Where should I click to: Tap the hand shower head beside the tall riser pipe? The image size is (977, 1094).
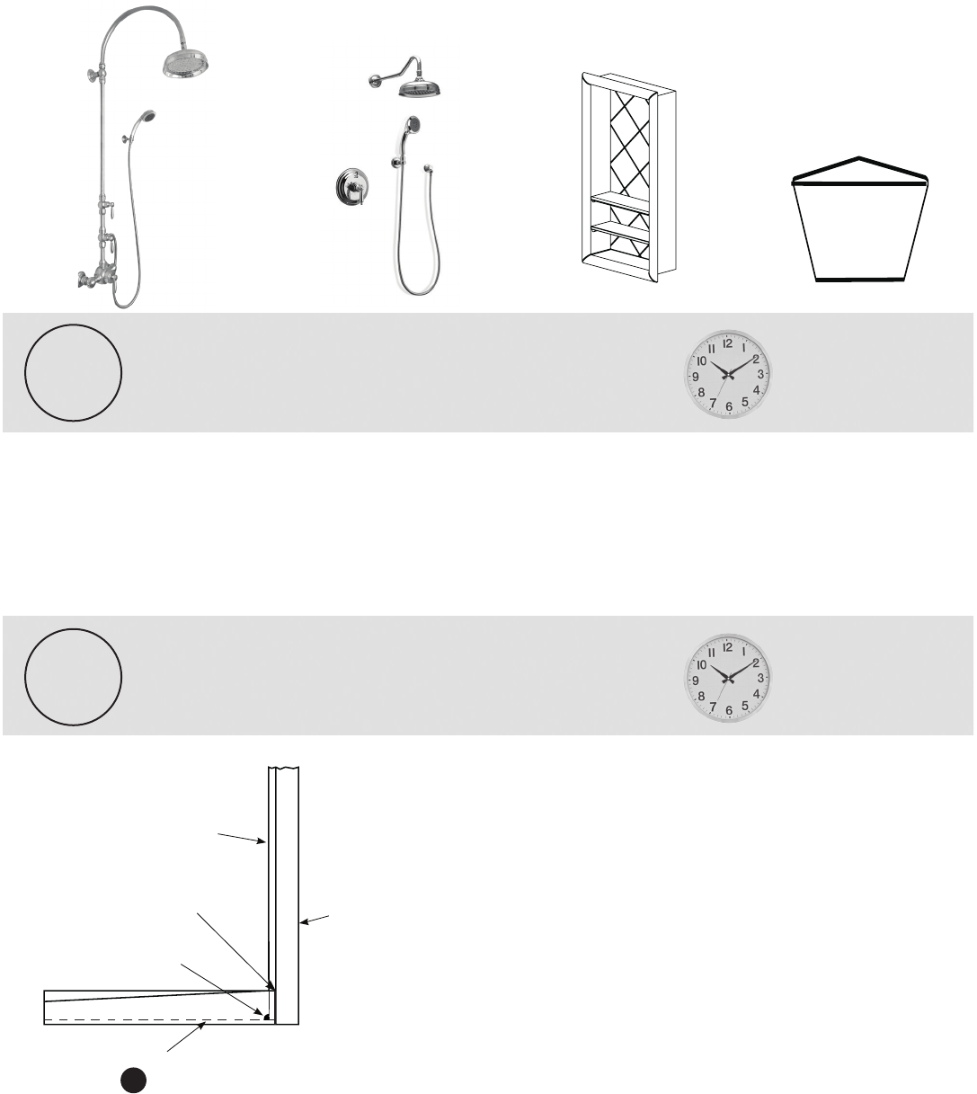coord(147,117)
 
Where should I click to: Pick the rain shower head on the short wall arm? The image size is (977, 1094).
coord(420,89)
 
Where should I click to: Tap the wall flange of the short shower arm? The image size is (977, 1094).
coord(373,82)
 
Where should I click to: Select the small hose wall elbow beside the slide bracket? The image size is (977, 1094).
coord(429,169)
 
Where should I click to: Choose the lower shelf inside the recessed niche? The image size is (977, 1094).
coord(620,232)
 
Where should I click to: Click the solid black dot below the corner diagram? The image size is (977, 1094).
coord(133,1080)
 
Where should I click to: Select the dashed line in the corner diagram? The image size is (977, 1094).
coord(156,1019)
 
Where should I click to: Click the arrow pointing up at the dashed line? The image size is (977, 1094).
coord(186,1036)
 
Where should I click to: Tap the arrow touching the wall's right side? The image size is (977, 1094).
coord(315,919)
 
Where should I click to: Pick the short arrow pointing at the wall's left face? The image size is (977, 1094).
coord(242,838)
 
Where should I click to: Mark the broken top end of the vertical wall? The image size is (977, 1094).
coord(283,768)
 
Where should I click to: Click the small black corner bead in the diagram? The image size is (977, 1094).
coord(266,1018)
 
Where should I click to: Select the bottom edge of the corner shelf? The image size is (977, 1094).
coord(859,280)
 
